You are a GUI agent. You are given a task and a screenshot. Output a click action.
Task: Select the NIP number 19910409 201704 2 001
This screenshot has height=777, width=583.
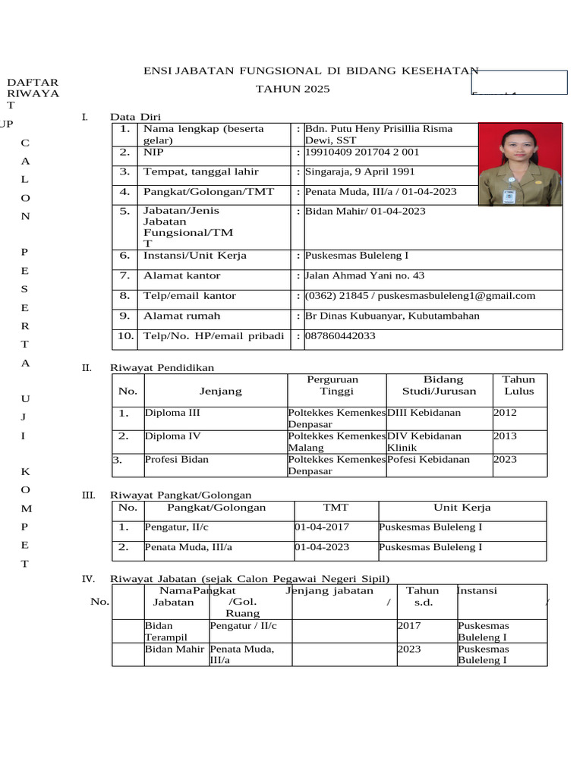[362, 153]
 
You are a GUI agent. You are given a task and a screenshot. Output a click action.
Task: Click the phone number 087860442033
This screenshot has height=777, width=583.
[340, 335]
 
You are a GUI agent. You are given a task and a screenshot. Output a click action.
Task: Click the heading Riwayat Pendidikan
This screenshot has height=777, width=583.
[162, 368]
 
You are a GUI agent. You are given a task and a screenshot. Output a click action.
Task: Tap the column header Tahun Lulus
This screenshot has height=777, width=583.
[519, 385]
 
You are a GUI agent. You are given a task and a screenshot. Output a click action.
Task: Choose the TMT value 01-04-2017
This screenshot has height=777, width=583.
[322, 527]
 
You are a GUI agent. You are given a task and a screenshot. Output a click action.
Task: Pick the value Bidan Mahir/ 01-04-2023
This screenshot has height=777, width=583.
[365, 211]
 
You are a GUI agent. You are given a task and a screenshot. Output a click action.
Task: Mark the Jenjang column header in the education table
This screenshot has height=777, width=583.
[220, 392]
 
